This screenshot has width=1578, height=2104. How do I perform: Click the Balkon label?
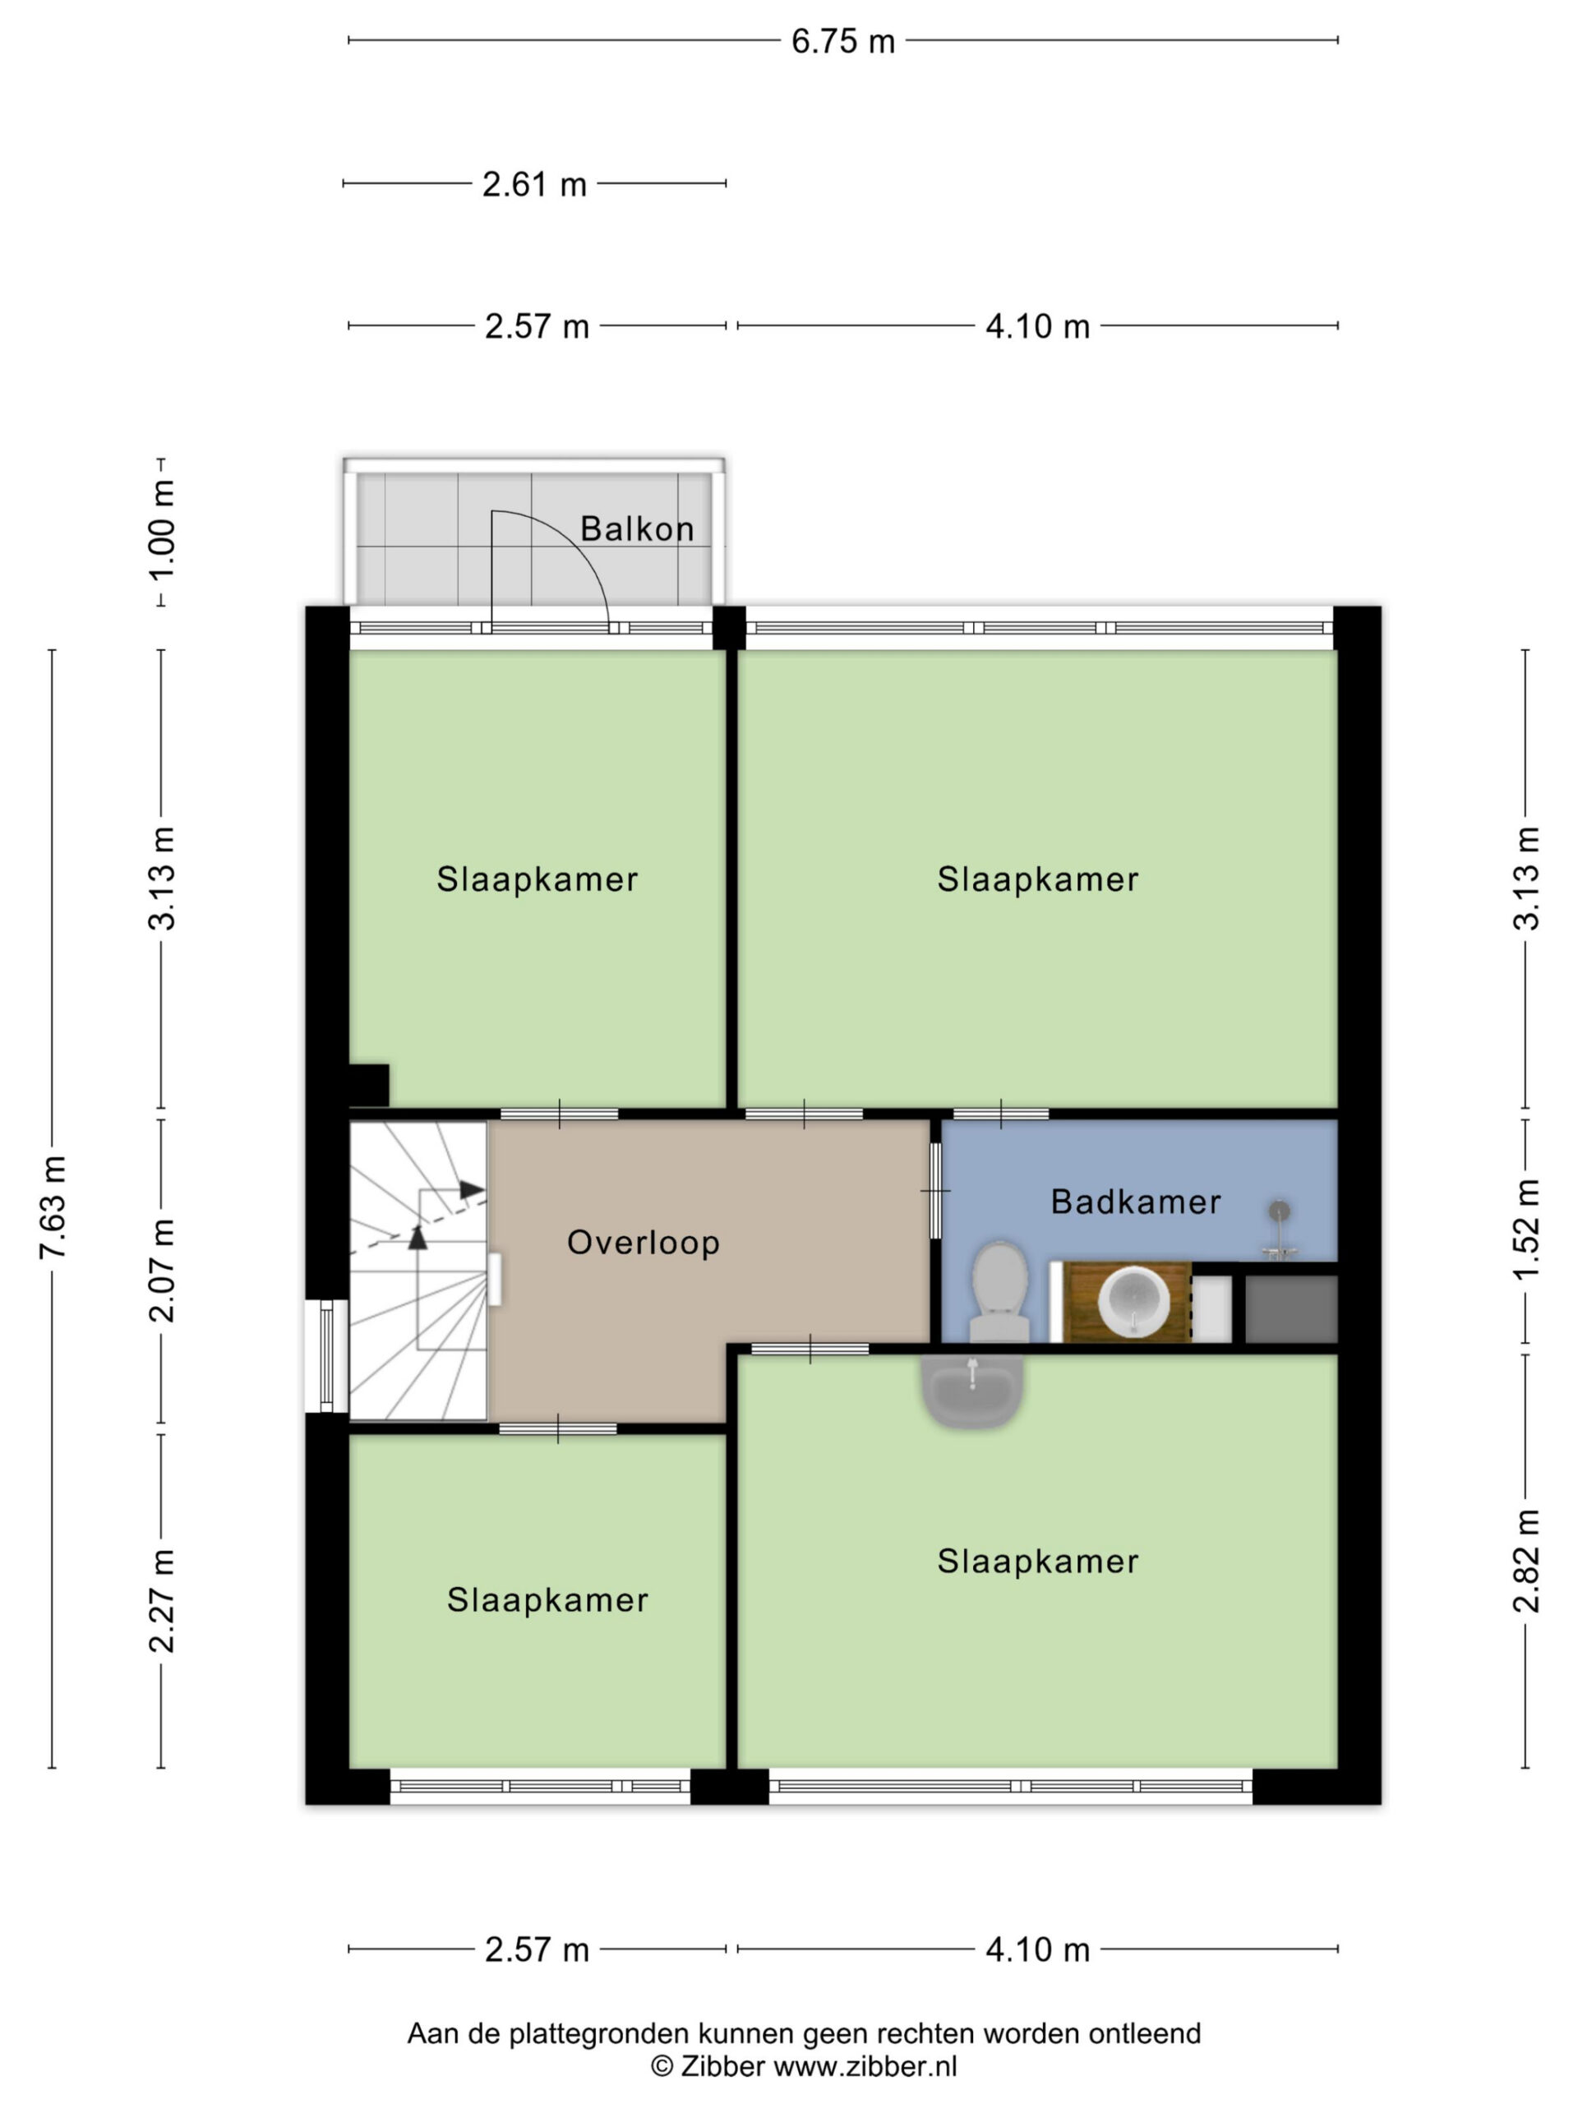[x=636, y=528]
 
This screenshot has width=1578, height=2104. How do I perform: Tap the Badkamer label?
[x=1136, y=1202]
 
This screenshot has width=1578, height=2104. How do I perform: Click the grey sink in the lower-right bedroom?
[x=972, y=1391]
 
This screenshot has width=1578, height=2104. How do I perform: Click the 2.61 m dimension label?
[x=534, y=185]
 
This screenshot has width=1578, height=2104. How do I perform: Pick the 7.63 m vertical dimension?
[x=53, y=1207]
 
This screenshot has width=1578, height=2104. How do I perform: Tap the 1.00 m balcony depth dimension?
[x=163, y=530]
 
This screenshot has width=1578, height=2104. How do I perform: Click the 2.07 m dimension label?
[x=163, y=1270]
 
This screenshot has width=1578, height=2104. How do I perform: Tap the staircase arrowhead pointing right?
[x=472, y=1189]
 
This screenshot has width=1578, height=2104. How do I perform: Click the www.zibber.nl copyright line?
[x=804, y=2066]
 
